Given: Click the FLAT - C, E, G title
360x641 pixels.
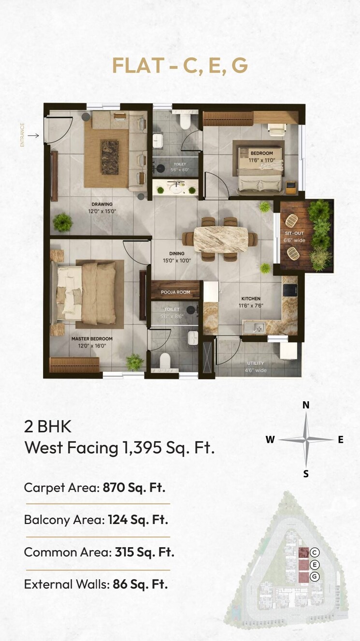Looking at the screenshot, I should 180,65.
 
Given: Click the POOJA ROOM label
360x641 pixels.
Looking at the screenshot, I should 175,292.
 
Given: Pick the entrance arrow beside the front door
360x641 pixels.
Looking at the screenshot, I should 33,136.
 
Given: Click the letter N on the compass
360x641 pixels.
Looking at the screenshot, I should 306,406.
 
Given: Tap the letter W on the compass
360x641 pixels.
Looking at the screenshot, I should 270,440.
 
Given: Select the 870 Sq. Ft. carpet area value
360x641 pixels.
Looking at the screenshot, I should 134,487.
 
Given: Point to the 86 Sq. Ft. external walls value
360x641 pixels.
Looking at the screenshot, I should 140,584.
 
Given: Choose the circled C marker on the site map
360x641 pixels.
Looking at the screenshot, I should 315,553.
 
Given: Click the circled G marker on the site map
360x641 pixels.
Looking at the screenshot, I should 315,576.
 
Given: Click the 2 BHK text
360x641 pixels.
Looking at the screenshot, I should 48,427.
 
